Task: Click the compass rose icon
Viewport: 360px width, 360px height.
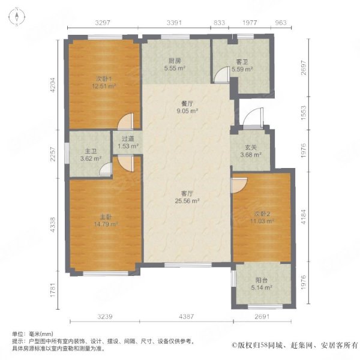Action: (17, 17)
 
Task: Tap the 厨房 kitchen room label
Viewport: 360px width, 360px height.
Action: (175, 61)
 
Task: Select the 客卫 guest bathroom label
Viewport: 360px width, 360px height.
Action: (242, 62)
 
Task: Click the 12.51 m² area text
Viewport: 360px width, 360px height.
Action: (104, 86)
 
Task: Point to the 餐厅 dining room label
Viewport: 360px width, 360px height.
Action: (187, 104)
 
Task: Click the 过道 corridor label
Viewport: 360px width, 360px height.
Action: (128, 139)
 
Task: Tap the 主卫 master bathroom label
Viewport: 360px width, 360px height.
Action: (91, 151)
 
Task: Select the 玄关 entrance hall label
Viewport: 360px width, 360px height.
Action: (250, 148)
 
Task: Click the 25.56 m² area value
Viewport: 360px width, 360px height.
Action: (187, 201)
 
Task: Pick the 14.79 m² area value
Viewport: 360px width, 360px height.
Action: (106, 224)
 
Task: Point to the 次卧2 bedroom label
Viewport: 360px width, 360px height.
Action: (262, 214)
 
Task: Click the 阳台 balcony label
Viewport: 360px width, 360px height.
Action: (262, 280)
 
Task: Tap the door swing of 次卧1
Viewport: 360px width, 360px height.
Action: (125, 121)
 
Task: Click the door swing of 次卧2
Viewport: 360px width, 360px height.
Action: (239, 185)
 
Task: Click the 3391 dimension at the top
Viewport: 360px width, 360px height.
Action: (174, 23)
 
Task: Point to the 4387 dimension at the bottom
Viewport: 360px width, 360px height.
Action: (187, 317)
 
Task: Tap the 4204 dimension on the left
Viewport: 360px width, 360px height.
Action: (53, 85)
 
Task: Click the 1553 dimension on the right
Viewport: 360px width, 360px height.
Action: (304, 113)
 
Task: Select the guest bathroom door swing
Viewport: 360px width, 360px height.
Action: (221, 74)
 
